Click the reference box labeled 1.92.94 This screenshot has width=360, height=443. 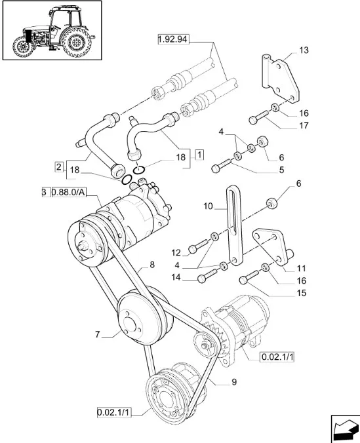(x=173, y=39)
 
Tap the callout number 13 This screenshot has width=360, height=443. (x=304, y=50)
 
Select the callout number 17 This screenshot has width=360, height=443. (x=304, y=125)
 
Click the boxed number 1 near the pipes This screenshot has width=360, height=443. (x=199, y=155)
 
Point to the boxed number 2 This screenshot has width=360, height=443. (x=58, y=166)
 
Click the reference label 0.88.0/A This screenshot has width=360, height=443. (x=69, y=193)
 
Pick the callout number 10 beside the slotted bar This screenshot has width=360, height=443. (x=208, y=206)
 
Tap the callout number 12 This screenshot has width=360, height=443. (x=176, y=252)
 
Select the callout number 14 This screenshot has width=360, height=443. (x=176, y=277)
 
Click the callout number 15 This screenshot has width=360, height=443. (x=302, y=293)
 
